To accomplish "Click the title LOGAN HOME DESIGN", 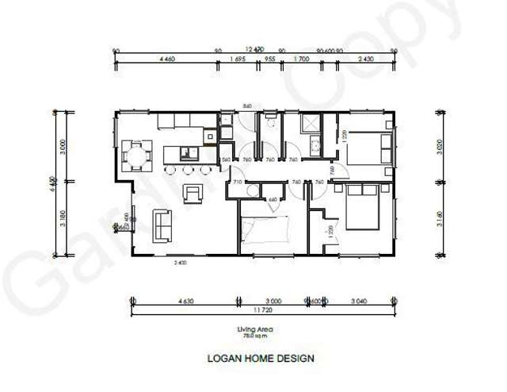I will [261, 358].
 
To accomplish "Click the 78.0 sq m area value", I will [249, 336].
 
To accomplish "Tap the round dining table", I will [137, 156].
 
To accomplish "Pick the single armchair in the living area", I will [193, 192].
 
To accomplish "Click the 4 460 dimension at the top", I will [167, 59].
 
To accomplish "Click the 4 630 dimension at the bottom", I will [186, 302].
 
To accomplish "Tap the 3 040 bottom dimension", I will [359, 302].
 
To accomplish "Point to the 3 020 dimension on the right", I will [440, 148].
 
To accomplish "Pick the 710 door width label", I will [236, 183].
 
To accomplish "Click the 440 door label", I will [273, 199].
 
